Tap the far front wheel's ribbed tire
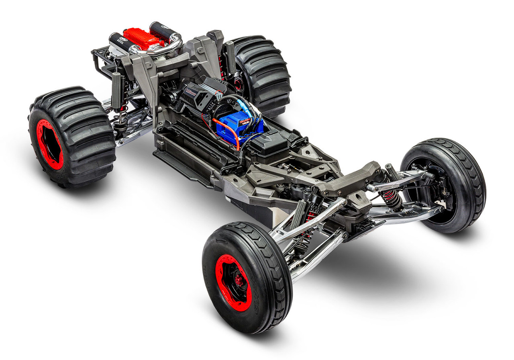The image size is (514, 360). pyautogui.click(x=466, y=177)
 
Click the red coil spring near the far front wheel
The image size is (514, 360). pyautogui.click(x=392, y=197)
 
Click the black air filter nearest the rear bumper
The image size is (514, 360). pyautogui.click(x=121, y=43)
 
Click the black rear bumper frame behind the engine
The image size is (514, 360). pyautogui.click(x=100, y=60)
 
